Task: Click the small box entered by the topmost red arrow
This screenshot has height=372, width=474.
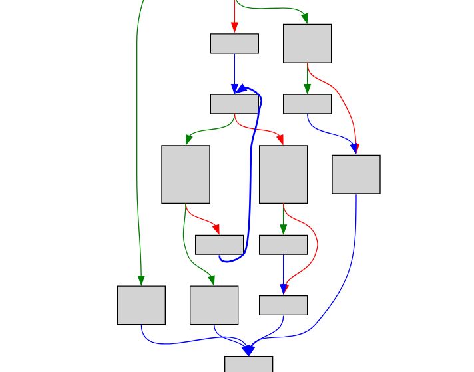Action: [x=234, y=43]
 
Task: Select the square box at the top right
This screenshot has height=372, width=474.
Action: [x=307, y=43]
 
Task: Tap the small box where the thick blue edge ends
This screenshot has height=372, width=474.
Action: [x=234, y=104]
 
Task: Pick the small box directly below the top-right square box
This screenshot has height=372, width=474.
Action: [x=307, y=104]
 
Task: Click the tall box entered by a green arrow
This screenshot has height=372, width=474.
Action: [x=186, y=174]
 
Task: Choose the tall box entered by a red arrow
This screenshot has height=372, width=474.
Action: [x=283, y=174]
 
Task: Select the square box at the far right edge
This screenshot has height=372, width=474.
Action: [x=356, y=174]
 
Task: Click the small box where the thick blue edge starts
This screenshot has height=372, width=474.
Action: [x=219, y=244]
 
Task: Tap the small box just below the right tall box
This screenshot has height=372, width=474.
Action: [x=283, y=244]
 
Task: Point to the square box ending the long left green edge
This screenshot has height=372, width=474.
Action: [x=141, y=305]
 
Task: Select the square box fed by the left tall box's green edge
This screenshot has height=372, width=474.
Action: [x=214, y=305]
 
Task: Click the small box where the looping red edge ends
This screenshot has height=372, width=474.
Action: [x=283, y=305]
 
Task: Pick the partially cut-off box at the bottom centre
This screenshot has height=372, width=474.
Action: [x=248, y=364]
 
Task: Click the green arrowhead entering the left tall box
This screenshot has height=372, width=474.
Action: [x=188, y=140]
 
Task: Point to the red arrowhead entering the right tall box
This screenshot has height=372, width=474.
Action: [x=280, y=140]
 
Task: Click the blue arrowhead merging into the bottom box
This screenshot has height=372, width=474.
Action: [x=248, y=350]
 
